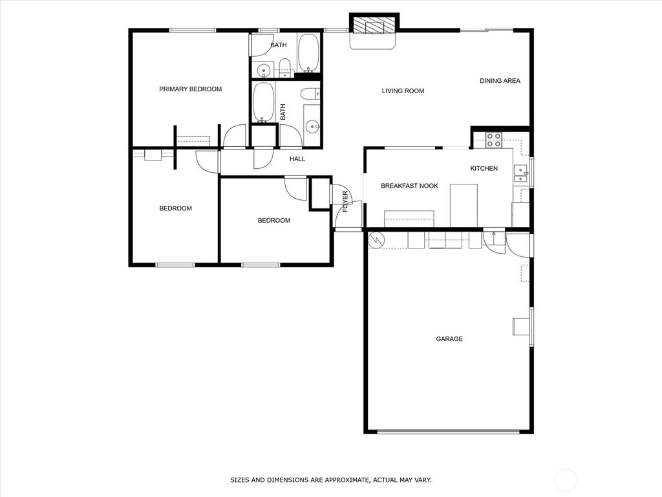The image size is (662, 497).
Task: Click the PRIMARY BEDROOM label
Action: point(190,89)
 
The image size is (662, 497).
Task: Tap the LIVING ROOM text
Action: point(403,91)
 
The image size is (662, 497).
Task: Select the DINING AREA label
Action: point(500,81)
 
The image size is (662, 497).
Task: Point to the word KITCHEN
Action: point(484,169)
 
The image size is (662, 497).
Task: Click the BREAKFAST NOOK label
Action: point(409,186)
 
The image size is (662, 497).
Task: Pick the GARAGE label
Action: point(449,339)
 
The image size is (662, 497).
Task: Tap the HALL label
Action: point(297,159)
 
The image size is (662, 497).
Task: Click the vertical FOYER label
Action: point(345,201)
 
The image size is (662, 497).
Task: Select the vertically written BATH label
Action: point(283,112)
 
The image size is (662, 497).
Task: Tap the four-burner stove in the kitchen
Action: point(494,140)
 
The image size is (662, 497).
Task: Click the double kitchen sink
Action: point(520,171)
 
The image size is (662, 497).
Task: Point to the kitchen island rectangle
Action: point(464,205)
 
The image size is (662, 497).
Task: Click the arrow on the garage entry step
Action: point(493,235)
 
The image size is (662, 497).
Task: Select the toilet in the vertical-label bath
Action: point(311,93)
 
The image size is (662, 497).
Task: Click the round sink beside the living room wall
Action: point(311,126)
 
